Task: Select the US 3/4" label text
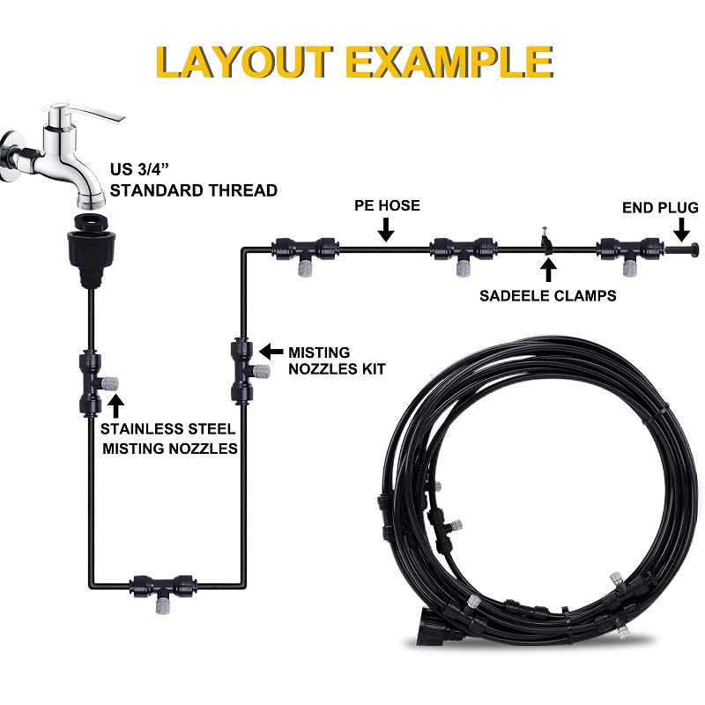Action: pos(139,169)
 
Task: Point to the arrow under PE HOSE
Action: pos(386,230)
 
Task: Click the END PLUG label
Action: pos(660,208)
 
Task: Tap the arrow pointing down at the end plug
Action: pos(681,230)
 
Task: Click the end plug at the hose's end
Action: pos(682,248)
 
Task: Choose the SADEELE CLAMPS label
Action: pos(547,296)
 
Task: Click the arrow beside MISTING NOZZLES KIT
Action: pos(271,352)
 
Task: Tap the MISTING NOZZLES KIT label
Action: pos(337,360)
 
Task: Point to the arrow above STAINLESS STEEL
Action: pos(116,406)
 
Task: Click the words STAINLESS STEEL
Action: pos(167,429)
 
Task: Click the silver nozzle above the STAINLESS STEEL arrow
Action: pos(110,383)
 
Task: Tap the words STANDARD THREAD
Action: pos(193,190)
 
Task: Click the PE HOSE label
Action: pos(387,205)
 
